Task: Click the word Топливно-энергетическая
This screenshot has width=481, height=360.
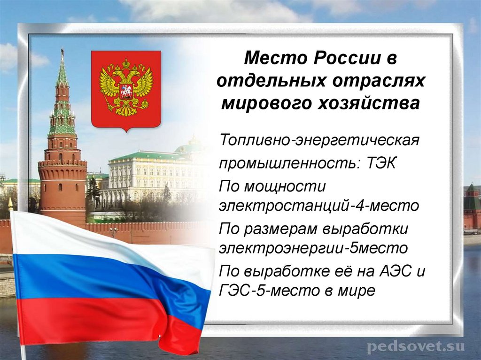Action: coord(318,140)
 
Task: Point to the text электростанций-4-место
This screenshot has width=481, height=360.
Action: coord(318,206)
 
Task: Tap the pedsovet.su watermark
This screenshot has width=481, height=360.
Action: coord(416,347)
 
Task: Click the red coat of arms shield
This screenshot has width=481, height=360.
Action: coord(126,89)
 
